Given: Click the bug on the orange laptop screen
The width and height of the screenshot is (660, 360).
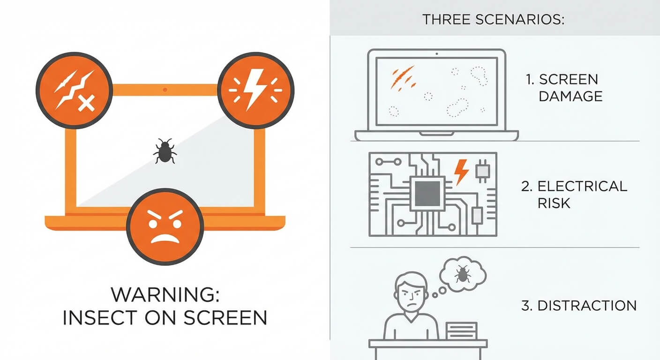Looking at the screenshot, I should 165,150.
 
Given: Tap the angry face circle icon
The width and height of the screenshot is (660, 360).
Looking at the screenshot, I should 165,226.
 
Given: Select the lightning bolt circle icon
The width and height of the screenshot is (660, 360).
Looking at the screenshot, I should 256,90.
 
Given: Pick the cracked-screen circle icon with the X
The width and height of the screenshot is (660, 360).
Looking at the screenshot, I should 74,90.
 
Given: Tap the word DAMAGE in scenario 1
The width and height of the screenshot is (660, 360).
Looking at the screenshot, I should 570,96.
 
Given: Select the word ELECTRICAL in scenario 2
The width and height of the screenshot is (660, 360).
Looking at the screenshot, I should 582,186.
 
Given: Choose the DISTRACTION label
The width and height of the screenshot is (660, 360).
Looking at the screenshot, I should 587,306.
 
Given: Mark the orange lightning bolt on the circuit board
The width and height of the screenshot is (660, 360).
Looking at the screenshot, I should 462,172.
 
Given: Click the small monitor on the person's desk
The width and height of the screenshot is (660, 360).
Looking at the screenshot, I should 461,330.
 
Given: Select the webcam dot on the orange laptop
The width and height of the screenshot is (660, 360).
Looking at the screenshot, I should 165,89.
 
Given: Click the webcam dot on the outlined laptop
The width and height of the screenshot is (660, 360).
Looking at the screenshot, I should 437,53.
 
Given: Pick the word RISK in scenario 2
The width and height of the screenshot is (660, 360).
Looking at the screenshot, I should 554,203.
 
